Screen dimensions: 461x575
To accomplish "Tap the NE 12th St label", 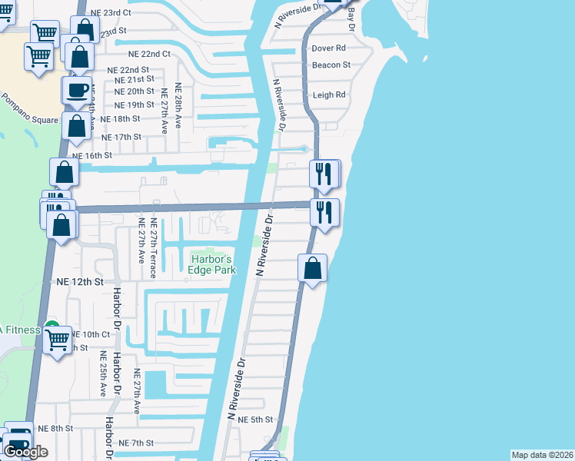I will pos(80,282).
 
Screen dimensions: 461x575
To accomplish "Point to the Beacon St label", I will pos(331,65).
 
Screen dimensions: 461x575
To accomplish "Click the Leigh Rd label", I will pos(329,95).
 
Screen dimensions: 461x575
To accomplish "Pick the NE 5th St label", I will pos(256,420).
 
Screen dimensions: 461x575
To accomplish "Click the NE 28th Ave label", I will pos(178,105).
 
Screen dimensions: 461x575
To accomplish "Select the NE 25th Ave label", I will pos(102,373).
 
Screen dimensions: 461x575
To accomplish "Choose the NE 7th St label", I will pos(137,443).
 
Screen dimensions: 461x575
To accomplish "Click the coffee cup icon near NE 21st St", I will pos(77,90).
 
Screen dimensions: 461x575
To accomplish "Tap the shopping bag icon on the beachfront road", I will pos(312,269).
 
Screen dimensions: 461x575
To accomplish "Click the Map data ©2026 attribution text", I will pos(542,455).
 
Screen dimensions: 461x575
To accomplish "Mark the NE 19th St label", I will pos(134,105).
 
